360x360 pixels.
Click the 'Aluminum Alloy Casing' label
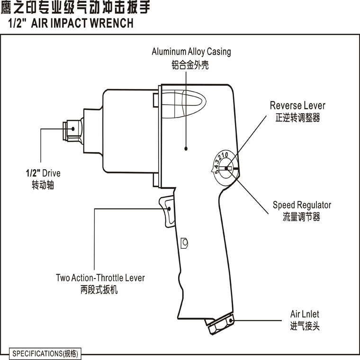coord(191,52)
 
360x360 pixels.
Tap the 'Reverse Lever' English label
coord(297,105)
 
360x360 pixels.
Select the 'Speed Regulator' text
coord(302,205)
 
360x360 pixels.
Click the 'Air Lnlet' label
coord(305,315)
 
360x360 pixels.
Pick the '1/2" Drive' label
coord(43,173)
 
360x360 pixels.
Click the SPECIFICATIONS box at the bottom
coord(45,353)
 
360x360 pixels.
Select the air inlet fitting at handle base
coord(221,324)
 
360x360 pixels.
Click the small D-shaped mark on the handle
coord(185,243)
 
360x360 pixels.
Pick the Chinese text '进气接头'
coord(305,326)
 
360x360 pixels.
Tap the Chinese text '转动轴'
coord(43,185)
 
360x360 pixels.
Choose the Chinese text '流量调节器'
coord(302,217)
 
